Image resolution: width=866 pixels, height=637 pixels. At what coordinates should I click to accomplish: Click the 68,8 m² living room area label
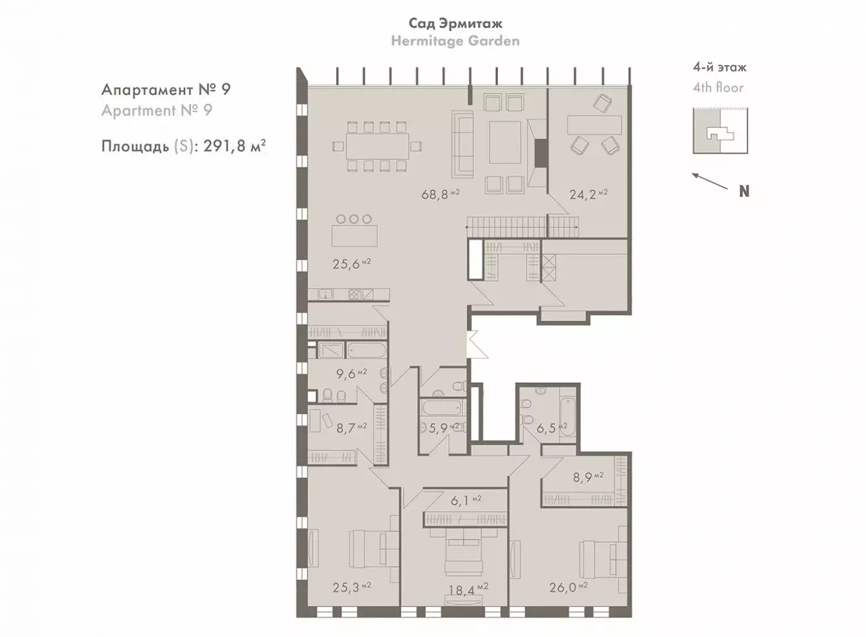(x=440, y=194)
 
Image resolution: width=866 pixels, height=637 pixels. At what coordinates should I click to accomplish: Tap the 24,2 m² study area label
(x=588, y=194)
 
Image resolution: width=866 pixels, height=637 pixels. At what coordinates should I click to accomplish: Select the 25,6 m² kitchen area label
(x=352, y=264)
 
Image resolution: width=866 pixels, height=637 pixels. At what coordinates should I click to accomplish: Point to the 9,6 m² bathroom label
(x=351, y=373)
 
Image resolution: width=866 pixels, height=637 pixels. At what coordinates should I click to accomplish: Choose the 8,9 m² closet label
(x=588, y=477)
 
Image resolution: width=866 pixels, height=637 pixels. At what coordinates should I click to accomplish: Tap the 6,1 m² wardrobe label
(x=466, y=500)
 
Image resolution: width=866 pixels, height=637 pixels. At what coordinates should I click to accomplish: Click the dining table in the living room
(x=377, y=146)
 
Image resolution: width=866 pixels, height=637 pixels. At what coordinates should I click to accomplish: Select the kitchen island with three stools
(x=354, y=235)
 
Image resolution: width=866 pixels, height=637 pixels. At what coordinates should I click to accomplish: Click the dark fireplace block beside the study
(x=541, y=153)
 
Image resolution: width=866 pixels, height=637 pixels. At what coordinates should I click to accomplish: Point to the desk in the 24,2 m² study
(x=594, y=124)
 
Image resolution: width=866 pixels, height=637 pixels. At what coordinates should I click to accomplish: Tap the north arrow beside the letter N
(x=710, y=181)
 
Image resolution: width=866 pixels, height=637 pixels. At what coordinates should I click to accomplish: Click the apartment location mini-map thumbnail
(x=720, y=131)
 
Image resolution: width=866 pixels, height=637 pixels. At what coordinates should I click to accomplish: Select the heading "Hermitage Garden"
(x=455, y=40)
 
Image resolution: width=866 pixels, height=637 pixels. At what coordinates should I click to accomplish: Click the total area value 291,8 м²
(x=234, y=146)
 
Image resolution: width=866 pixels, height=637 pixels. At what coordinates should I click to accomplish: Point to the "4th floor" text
(x=718, y=88)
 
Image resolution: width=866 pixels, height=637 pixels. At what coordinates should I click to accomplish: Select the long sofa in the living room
(x=463, y=144)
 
